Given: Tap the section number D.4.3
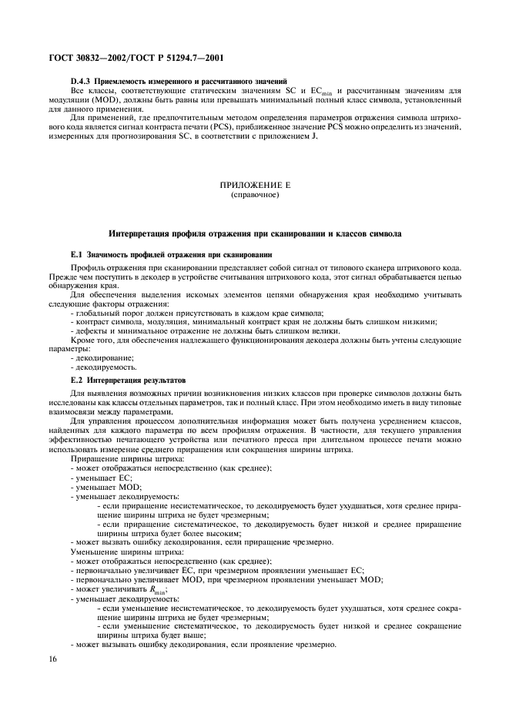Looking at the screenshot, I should pyautogui.click(x=81, y=81).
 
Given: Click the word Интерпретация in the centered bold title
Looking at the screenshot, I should pyautogui.click(x=145, y=233).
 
